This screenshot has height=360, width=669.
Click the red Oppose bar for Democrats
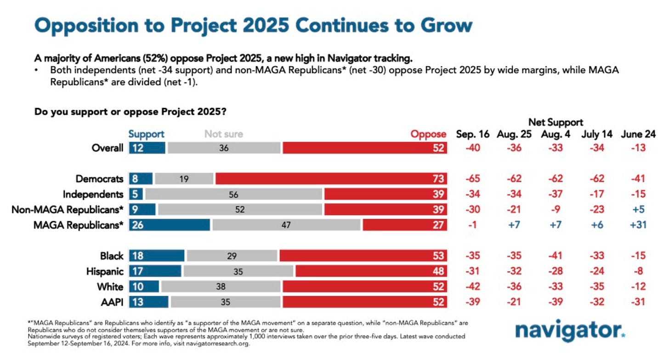331,179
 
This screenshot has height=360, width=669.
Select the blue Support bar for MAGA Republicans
170,225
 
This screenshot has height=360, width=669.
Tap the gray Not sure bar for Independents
233,194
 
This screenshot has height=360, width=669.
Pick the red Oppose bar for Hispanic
371,271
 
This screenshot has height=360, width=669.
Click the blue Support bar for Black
157,256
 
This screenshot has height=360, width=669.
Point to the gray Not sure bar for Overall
224,148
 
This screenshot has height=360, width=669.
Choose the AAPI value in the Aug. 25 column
514,302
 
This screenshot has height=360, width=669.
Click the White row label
110,287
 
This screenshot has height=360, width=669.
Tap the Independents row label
93,194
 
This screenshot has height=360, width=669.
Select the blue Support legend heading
146,134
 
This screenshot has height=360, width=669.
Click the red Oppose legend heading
428,134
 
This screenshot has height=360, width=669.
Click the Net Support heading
556,122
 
